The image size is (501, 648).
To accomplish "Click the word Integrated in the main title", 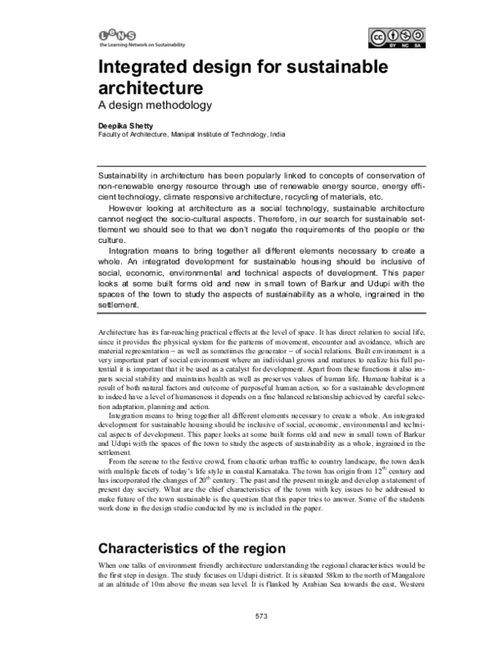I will pyautogui.click(x=147, y=68).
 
